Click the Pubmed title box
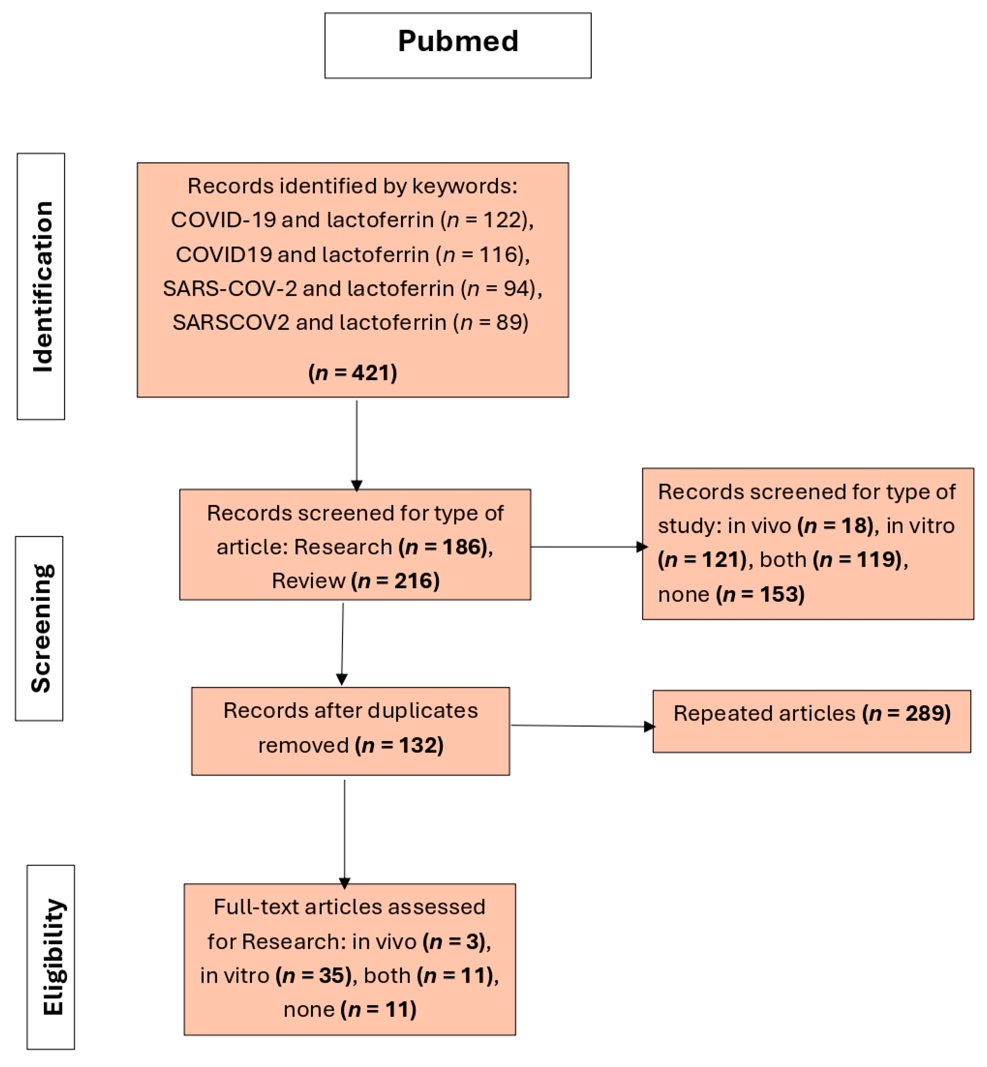tap(458, 45)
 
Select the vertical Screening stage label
tap(40, 628)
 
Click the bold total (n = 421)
tap(352, 373)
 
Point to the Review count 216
tap(416, 581)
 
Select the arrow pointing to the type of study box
tap(587, 547)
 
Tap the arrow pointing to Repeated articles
tap(582, 726)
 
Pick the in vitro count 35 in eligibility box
tap(331, 976)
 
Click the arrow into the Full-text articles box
tap(344, 833)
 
